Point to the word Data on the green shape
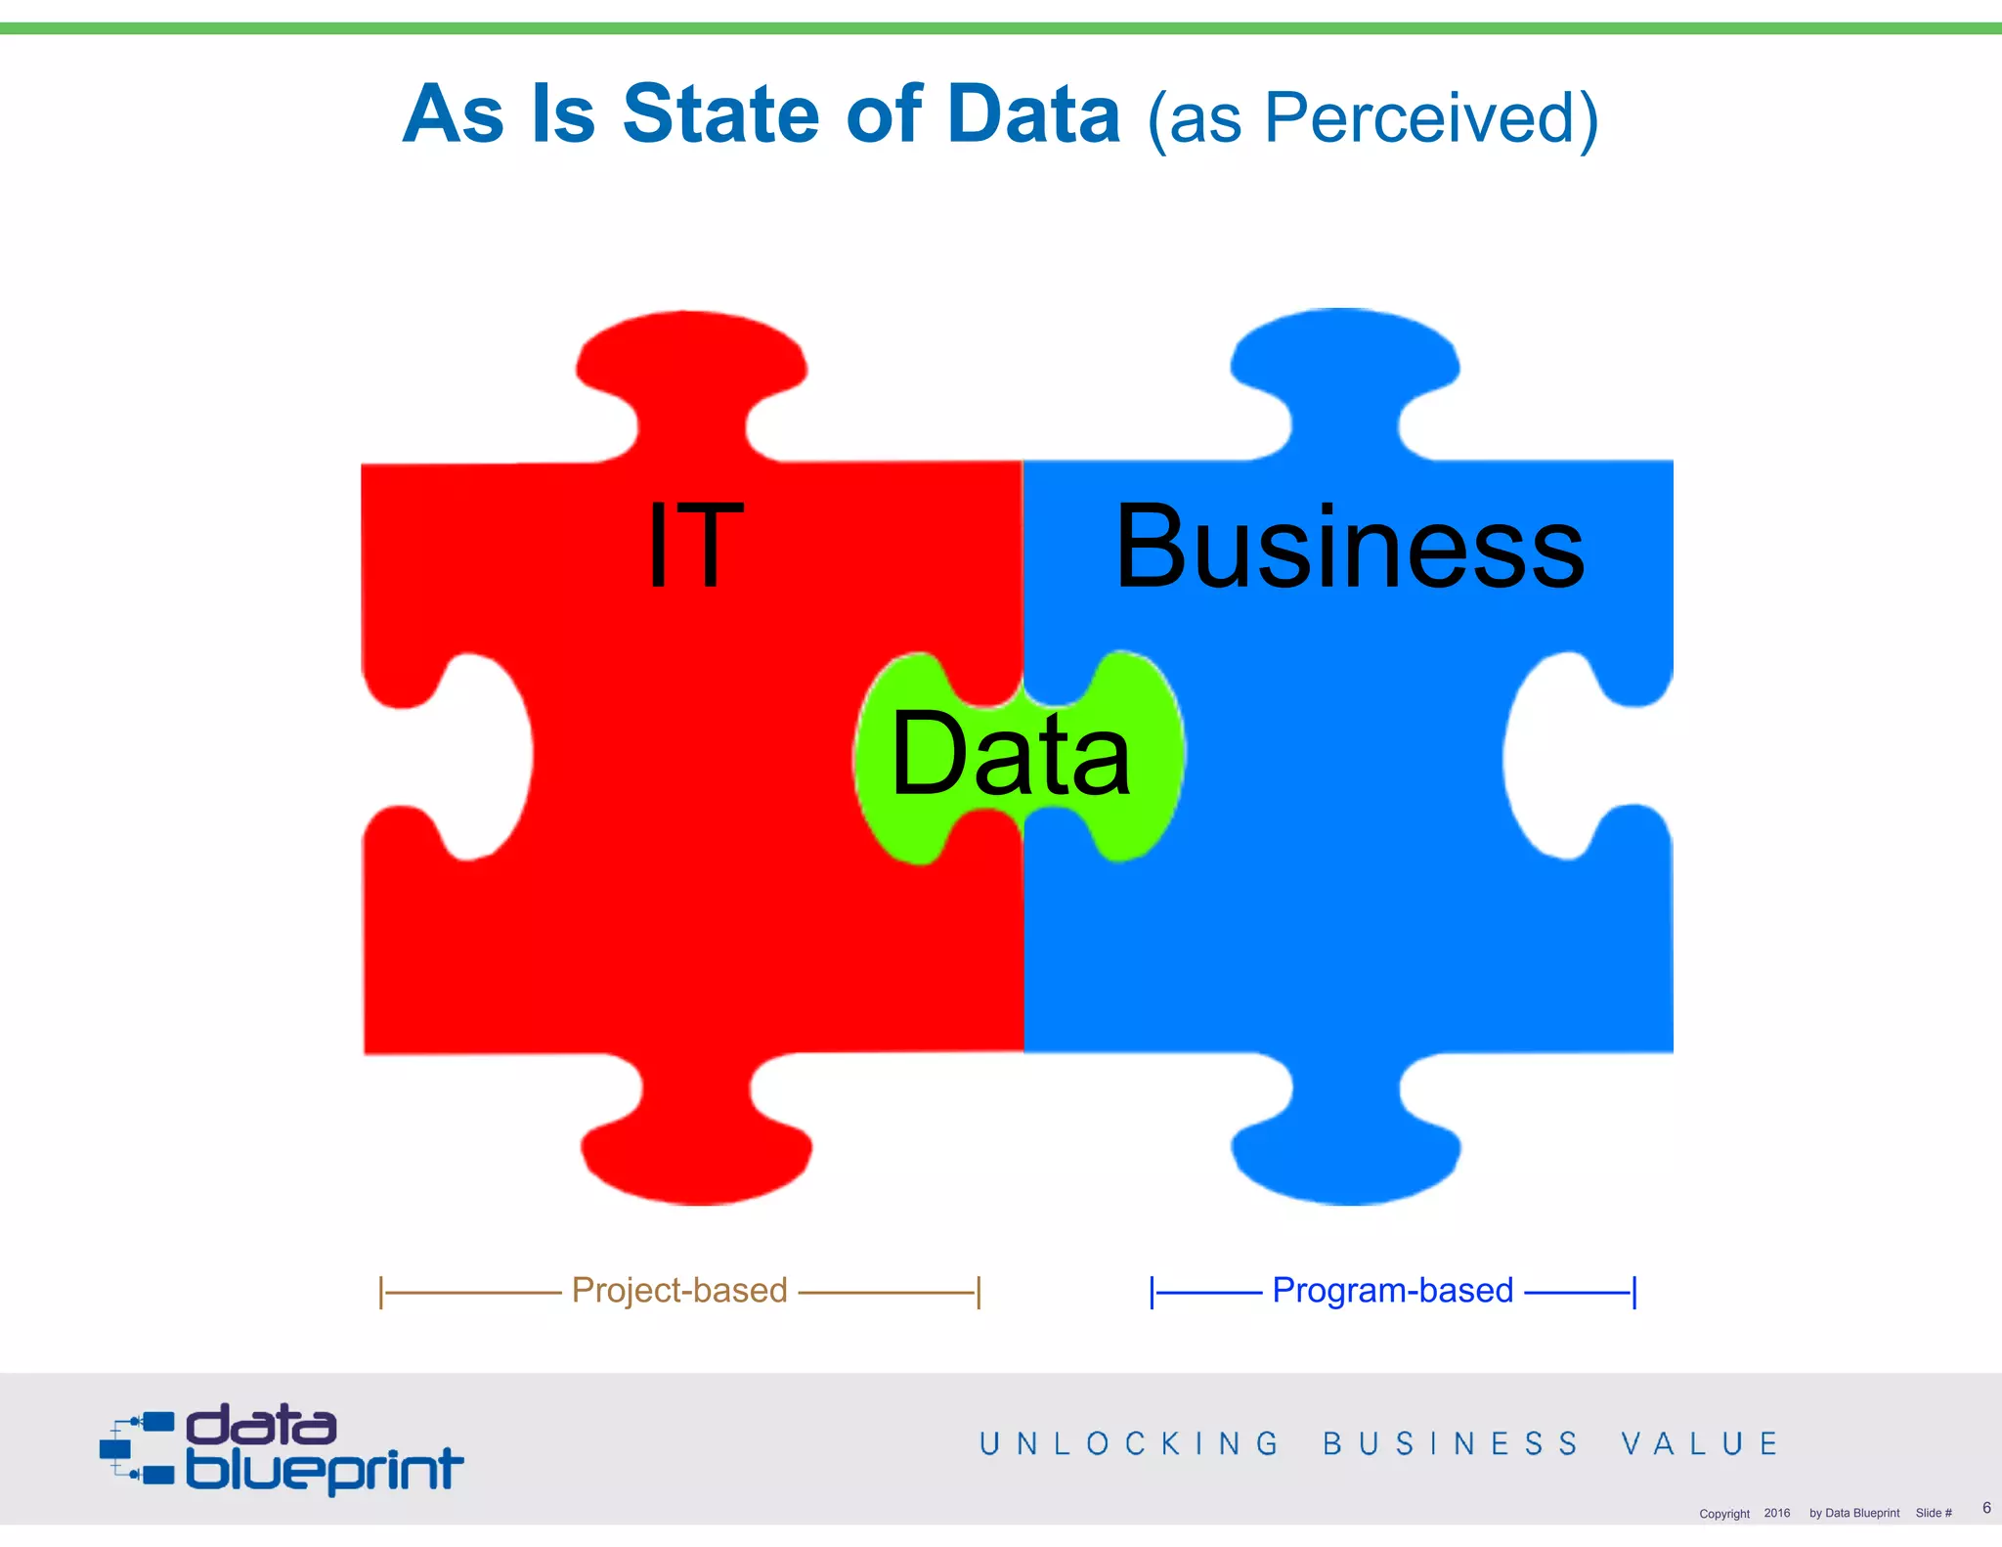click(1011, 754)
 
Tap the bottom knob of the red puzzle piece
click(696, 1149)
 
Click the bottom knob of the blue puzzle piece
click(1346, 1149)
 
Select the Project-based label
click(679, 1291)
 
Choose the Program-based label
click(1392, 1291)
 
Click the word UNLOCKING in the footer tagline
click(1129, 1444)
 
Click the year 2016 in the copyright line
click(1776, 1513)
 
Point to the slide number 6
click(1986, 1508)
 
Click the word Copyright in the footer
click(1723, 1514)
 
